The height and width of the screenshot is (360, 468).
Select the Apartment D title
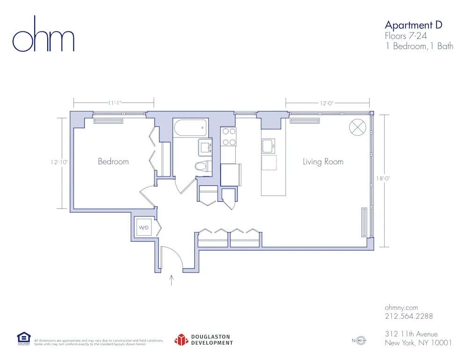(413, 25)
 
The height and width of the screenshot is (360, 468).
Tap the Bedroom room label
(113, 162)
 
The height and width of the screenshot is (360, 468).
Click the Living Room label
(323, 162)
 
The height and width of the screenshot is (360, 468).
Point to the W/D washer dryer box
(143, 228)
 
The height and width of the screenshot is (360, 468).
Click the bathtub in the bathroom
(190, 127)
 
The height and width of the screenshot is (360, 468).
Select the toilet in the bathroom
(202, 166)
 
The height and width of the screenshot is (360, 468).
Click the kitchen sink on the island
(268, 146)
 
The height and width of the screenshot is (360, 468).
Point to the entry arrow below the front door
(172, 280)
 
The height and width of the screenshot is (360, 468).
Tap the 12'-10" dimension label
(59, 162)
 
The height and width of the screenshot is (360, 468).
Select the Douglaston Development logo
(204, 340)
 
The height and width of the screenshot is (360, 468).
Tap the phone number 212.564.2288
(409, 316)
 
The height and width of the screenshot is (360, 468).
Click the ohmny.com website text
(401, 308)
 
